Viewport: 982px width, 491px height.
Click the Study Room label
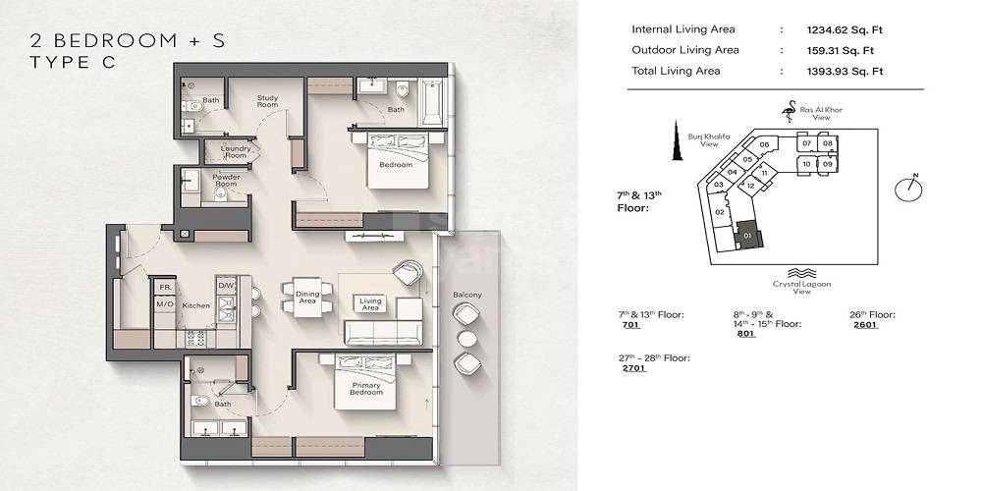[268, 102]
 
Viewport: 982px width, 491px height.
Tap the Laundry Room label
[235, 152]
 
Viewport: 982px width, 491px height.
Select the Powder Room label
[226, 181]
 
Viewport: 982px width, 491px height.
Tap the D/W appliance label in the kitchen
[226, 286]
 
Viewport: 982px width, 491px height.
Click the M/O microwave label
[164, 305]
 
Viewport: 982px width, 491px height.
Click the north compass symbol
[909, 188]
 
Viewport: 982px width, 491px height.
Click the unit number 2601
[864, 324]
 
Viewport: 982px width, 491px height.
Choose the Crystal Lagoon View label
[800, 286]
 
